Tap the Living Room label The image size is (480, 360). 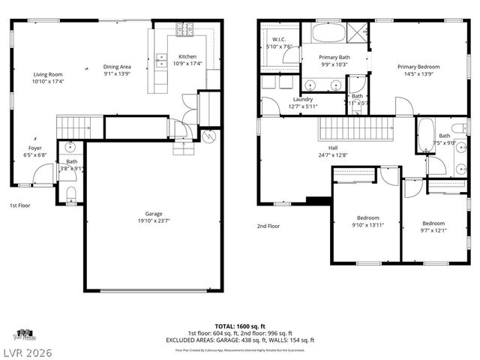[47, 74]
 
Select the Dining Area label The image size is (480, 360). [116, 67]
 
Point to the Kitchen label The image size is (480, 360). [187, 57]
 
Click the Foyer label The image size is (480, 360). [35, 148]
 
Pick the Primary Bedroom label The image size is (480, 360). [418, 67]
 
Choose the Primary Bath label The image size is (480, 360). [334, 57]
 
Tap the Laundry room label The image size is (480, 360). [303, 99]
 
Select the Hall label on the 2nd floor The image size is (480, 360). [332, 148]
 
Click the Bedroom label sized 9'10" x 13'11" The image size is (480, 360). [367, 217]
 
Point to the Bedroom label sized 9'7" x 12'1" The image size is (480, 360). [433, 223]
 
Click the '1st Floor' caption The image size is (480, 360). [19, 205]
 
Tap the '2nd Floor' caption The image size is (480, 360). [268, 226]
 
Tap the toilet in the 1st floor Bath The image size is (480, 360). [71, 194]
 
